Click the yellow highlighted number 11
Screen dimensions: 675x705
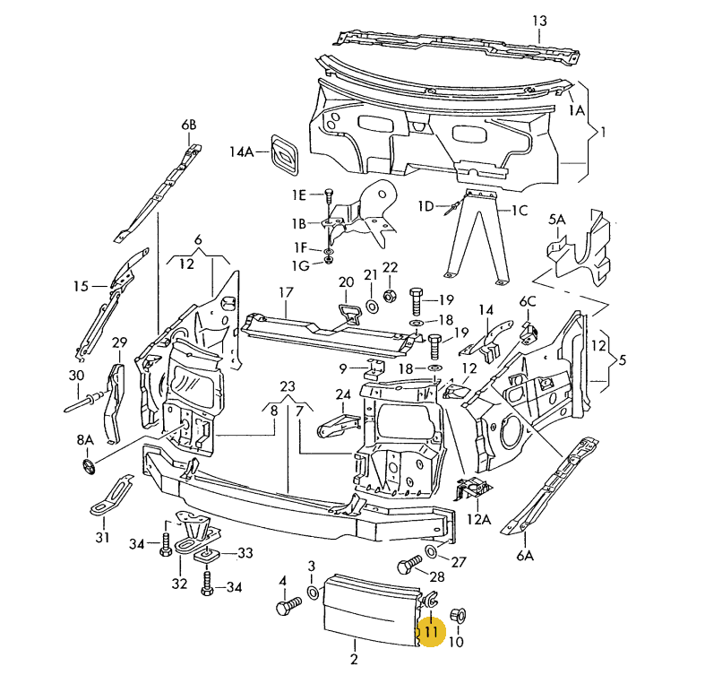(x=432, y=631)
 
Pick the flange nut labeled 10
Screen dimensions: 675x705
(x=456, y=615)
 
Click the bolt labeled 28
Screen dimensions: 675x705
(x=409, y=566)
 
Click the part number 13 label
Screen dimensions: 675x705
(x=538, y=21)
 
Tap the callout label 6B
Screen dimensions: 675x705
(x=188, y=125)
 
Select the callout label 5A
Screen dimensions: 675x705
(x=557, y=220)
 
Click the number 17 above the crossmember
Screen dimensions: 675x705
(x=286, y=292)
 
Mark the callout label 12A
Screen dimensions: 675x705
(x=479, y=519)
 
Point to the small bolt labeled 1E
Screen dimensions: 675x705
(x=328, y=195)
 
